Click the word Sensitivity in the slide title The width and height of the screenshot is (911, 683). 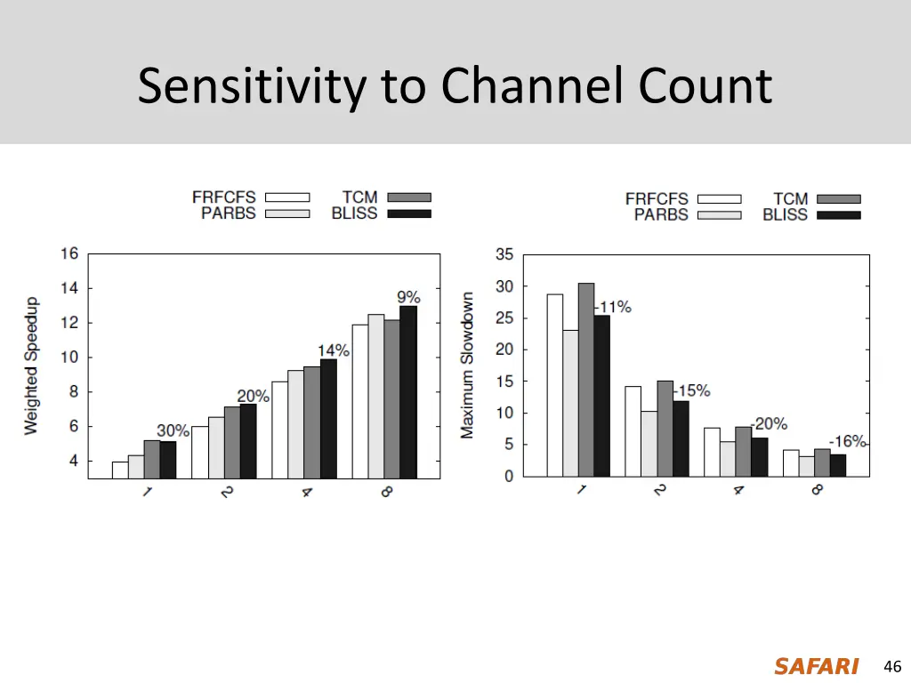click(x=253, y=87)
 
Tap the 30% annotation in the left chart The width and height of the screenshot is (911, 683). click(x=173, y=430)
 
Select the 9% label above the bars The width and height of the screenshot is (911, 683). click(x=408, y=297)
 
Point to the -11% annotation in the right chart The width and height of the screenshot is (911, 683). click(x=613, y=307)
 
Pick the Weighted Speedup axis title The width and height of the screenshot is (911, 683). click(x=32, y=366)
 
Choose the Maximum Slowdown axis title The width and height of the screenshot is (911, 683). click(x=468, y=366)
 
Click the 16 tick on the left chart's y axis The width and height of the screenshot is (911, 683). click(x=69, y=253)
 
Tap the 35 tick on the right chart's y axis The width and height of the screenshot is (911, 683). click(x=504, y=254)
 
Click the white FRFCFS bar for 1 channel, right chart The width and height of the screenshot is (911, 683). click(x=555, y=385)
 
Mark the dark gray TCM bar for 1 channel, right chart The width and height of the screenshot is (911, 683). click(x=586, y=380)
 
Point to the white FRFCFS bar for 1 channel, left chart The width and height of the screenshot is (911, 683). click(x=120, y=470)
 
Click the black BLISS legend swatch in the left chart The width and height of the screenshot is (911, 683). click(x=409, y=213)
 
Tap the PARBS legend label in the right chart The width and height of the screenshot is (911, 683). click(x=661, y=214)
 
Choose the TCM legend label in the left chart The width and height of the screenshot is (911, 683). click(x=359, y=197)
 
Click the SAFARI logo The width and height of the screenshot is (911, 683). click(x=816, y=666)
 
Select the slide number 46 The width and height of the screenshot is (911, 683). click(x=892, y=666)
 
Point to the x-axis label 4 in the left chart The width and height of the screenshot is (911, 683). click(x=306, y=490)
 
